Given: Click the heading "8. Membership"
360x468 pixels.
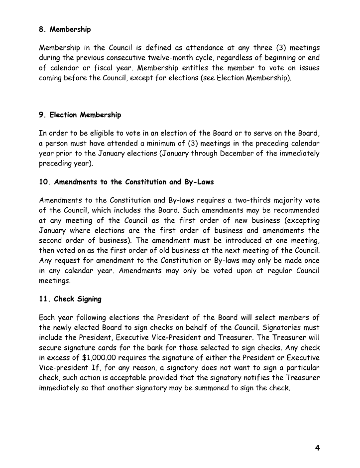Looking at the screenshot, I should point(65,29).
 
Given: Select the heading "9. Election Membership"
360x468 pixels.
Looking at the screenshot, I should point(80,115).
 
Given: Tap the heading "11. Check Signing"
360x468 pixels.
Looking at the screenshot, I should point(70,299).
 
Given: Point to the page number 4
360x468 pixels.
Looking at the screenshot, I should point(317,448).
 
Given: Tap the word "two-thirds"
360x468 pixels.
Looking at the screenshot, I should point(242,200).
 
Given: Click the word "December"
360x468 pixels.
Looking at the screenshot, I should point(246,154).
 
